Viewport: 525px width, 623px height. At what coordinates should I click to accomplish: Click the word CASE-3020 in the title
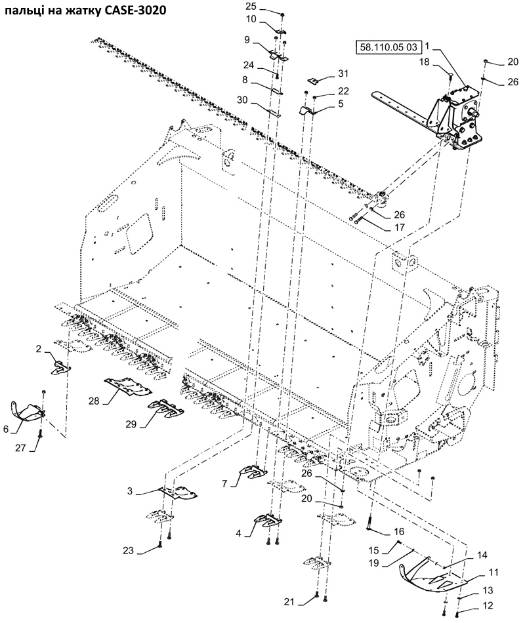[x=135, y=10]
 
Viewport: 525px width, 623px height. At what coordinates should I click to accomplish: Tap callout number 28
[x=94, y=401]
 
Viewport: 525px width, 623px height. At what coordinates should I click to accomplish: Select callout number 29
[x=131, y=424]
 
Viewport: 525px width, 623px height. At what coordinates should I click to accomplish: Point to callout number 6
[x=5, y=430]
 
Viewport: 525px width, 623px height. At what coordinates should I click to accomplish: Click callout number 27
[x=20, y=448]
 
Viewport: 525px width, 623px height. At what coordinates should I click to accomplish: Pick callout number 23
[x=128, y=551]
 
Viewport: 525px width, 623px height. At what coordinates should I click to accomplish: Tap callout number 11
[x=493, y=573]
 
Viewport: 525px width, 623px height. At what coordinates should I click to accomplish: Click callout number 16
[x=399, y=532]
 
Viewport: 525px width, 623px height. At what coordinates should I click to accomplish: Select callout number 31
[x=343, y=73]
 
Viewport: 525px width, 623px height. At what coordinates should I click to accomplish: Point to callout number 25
[x=262, y=6]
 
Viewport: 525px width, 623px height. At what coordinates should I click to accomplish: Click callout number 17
[x=399, y=228]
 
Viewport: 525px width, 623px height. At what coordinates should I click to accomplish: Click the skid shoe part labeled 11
[x=432, y=579]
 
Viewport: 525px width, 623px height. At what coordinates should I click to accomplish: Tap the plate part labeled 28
[x=128, y=386]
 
